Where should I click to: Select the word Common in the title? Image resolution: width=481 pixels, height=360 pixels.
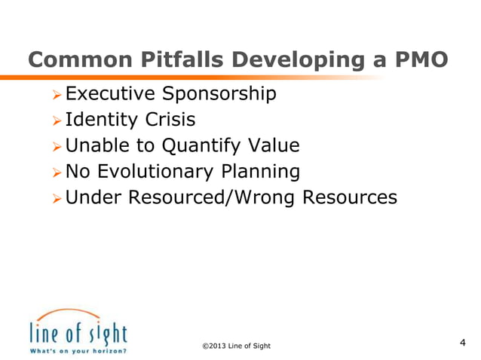(75, 60)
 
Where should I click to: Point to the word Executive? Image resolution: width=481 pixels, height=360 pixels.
(110, 94)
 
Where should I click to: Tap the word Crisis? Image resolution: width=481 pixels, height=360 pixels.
(170, 120)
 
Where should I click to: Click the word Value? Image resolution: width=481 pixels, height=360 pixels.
(274, 145)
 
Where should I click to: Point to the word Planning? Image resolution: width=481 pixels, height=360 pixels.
(260, 172)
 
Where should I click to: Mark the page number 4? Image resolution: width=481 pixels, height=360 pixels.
(462, 343)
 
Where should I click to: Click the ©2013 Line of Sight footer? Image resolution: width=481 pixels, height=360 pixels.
(236, 346)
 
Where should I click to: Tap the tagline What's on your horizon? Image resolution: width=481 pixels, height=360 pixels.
(78, 350)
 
